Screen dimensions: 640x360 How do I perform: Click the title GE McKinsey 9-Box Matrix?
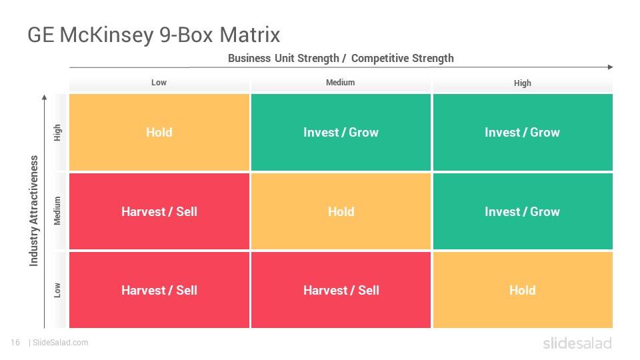tap(154, 35)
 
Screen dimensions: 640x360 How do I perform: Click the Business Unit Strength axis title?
tap(341, 59)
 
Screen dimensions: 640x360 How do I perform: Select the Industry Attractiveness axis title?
tap(34, 211)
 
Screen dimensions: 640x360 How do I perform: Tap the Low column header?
tap(159, 83)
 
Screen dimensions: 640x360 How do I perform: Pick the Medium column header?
tap(341, 83)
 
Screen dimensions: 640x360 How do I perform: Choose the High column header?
tap(523, 83)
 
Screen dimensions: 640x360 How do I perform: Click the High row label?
tap(57, 133)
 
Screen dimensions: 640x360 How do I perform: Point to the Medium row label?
tap(57, 211)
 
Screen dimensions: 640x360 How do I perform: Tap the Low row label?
tap(57, 290)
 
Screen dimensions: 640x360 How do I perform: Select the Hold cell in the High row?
tap(159, 132)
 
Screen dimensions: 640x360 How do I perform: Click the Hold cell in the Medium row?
tap(341, 211)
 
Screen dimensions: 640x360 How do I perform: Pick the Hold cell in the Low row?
tap(523, 290)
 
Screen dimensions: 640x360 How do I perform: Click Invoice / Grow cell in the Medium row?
tap(523, 211)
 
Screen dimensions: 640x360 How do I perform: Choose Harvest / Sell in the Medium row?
tap(159, 211)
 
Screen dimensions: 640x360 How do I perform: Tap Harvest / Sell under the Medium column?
tap(341, 290)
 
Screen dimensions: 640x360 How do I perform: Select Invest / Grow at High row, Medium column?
tap(341, 132)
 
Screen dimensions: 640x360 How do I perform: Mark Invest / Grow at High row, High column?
tap(523, 132)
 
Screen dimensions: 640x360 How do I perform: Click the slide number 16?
tap(15, 343)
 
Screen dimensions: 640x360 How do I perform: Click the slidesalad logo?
tap(577, 343)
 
